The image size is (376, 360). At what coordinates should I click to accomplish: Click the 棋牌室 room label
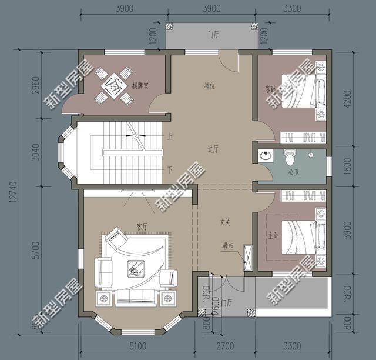pos(140,86)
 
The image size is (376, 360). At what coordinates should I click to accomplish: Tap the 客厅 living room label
pos(142,226)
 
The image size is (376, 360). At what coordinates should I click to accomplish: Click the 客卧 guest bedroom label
pos(271,89)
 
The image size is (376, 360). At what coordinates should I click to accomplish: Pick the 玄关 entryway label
pos(225,222)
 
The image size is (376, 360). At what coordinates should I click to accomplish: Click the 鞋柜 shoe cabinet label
pos(228,247)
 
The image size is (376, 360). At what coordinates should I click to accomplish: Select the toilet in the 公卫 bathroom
pos(289,158)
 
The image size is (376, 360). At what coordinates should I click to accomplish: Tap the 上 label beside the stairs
pos(170,137)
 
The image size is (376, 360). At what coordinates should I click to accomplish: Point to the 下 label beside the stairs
pos(170,169)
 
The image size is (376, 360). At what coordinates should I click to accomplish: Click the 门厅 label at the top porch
pos(213,35)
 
